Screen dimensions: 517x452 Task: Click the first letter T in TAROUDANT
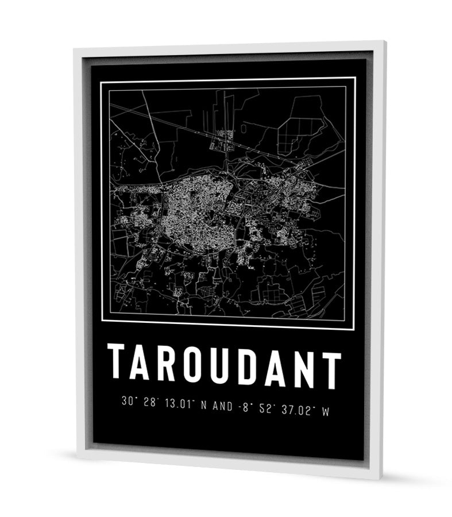pyautogui.click(x=117, y=361)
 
